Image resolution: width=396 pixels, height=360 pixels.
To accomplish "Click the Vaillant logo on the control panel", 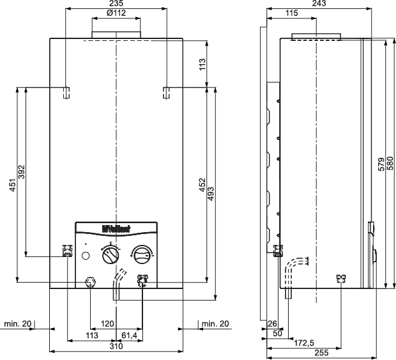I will [x=116, y=227].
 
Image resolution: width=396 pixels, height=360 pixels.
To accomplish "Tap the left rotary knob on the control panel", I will [x=110, y=256].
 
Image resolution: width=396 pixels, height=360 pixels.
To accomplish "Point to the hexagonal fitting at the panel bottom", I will [x=90, y=281].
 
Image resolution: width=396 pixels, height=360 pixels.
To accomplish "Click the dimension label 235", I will [x=116, y=4].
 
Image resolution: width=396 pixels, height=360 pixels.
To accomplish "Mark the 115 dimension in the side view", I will [x=291, y=13].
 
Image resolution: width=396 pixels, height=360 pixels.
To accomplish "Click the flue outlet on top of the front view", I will [x=116, y=33].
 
